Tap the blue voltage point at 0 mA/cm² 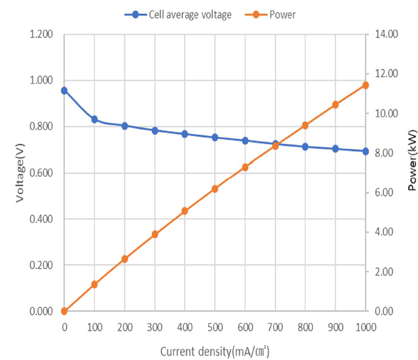pyautogui.click(x=64, y=90)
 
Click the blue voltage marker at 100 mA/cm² pyautogui.click(x=95, y=119)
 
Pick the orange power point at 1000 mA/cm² pyautogui.click(x=366, y=85)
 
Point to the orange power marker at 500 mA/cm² pyautogui.click(x=215, y=189)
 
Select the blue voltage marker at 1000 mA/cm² pyautogui.click(x=366, y=151)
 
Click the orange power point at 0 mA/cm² pyautogui.click(x=64, y=311)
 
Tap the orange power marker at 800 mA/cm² pyautogui.click(x=306, y=125)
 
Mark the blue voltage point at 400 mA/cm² pyautogui.click(x=185, y=134)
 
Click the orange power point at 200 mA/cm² pyautogui.click(x=125, y=259)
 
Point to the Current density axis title pyautogui.click(x=215, y=352)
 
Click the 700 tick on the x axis pyautogui.click(x=275, y=326)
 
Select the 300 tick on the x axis pyautogui.click(x=155, y=326)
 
